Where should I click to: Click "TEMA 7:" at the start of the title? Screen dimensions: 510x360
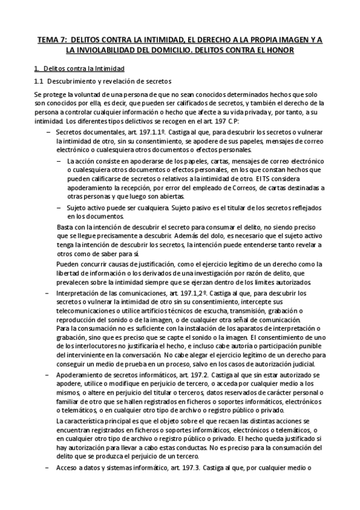pos(52,40)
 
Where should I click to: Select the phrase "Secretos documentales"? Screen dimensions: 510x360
pos(88,132)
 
